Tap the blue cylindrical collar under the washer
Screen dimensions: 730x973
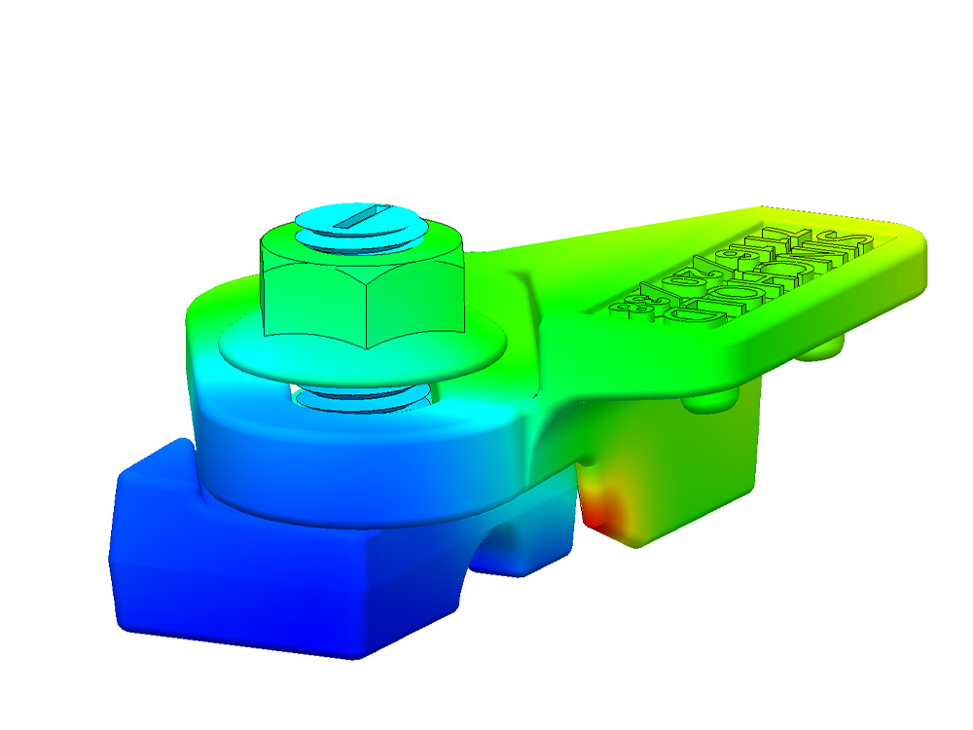341,457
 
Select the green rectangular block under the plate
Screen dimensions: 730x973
681,467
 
